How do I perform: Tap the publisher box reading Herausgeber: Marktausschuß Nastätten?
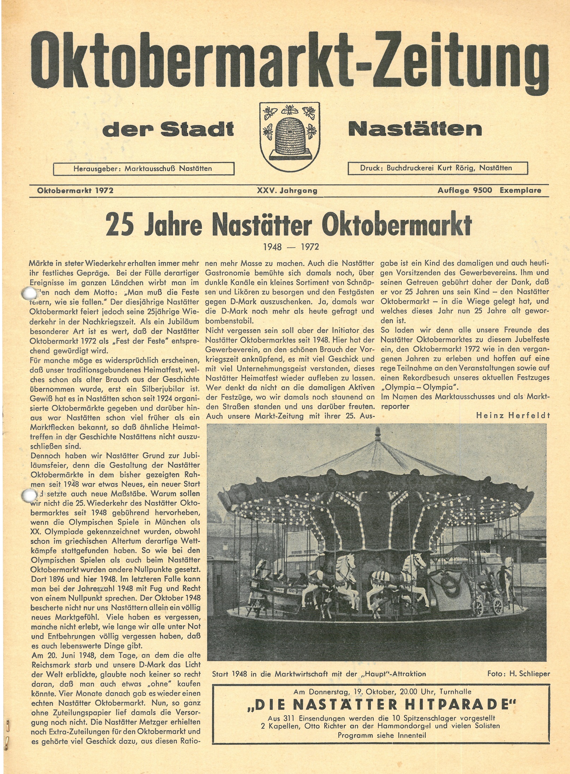tap(143, 169)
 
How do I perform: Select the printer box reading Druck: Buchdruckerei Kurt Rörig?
tap(437, 168)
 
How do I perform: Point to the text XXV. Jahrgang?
tap(287, 191)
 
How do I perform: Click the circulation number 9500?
tap(481, 191)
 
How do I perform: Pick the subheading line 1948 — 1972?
tap(291, 247)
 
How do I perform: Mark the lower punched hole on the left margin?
tap(27, 494)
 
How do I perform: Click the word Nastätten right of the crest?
tap(415, 129)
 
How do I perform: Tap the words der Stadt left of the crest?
tap(168, 130)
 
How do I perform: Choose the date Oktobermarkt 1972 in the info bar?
tap(75, 191)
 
